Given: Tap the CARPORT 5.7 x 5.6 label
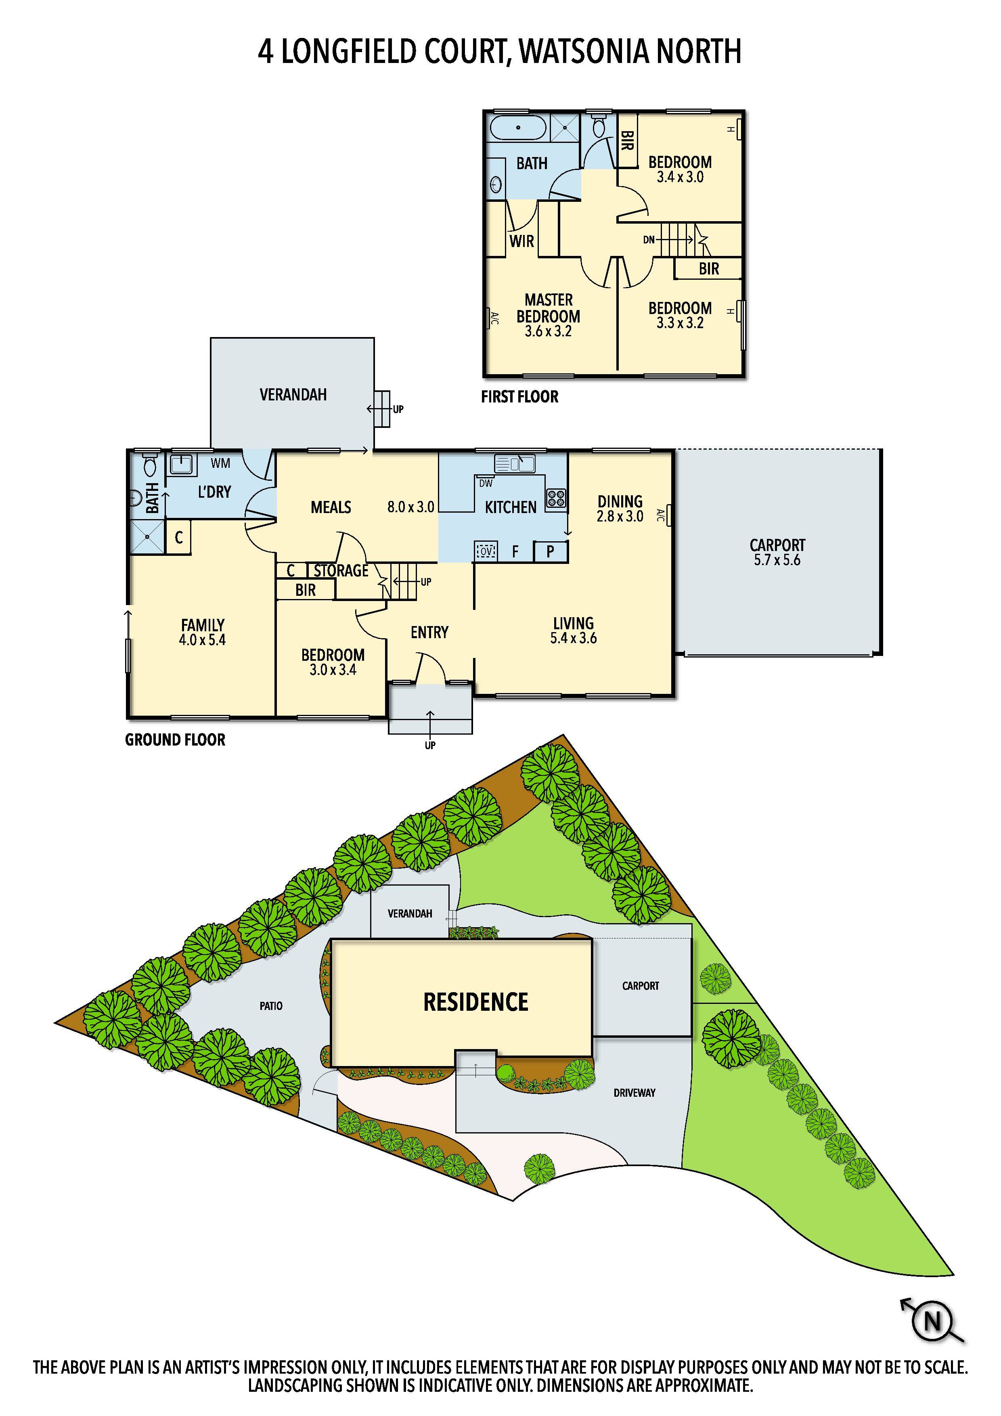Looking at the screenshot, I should [x=777, y=552].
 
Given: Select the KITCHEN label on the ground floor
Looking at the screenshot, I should [x=510, y=507].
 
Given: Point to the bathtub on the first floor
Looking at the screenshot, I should [x=518, y=128].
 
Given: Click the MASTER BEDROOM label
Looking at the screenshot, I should [x=548, y=315].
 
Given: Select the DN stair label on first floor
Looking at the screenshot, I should [x=648, y=240].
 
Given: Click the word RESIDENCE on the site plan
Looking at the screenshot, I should [x=475, y=1002].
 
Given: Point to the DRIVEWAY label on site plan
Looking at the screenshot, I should [x=634, y=1093].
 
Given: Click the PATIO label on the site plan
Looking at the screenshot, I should [x=271, y=1006].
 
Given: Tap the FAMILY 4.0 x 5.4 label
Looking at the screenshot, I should [x=202, y=632].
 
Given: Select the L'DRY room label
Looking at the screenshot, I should [x=214, y=492].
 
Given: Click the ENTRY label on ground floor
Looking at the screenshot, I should [x=429, y=632].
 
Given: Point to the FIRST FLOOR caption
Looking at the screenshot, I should [x=519, y=396].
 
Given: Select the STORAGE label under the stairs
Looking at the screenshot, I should [x=341, y=570].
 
